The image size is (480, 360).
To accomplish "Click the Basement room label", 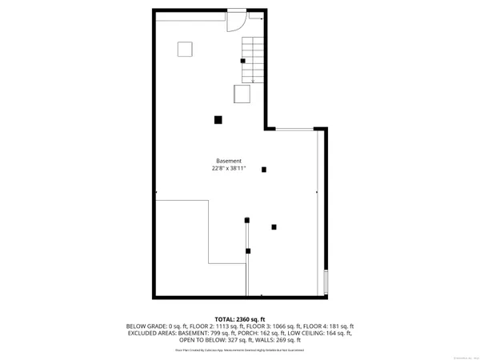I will (229, 161).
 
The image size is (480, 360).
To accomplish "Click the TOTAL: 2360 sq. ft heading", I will (240, 318).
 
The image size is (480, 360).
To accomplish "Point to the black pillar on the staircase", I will (243, 61).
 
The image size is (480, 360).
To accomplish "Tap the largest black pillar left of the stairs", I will (218, 120).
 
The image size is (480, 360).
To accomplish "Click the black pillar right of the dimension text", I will (264, 169).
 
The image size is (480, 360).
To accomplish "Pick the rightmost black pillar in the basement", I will (274, 226).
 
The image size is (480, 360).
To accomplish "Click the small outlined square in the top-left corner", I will (185, 49).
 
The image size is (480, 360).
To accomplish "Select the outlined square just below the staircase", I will (242, 94).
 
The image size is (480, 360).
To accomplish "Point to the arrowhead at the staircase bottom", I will (253, 81).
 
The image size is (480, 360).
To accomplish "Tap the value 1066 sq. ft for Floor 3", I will (273, 326).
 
